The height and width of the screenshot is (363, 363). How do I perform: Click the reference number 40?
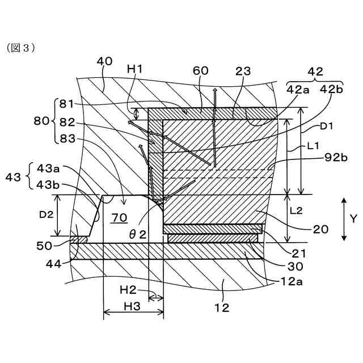pyautogui.click(x=104, y=61)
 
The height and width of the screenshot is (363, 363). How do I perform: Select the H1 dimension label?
pyautogui.click(x=134, y=69)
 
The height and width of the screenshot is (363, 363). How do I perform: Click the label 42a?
pyautogui.click(x=298, y=89)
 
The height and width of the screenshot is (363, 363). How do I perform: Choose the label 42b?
pyautogui.click(x=332, y=89)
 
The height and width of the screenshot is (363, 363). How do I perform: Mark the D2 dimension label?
pyautogui.click(x=47, y=216)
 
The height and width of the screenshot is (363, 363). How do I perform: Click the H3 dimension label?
pyautogui.click(x=132, y=306)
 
